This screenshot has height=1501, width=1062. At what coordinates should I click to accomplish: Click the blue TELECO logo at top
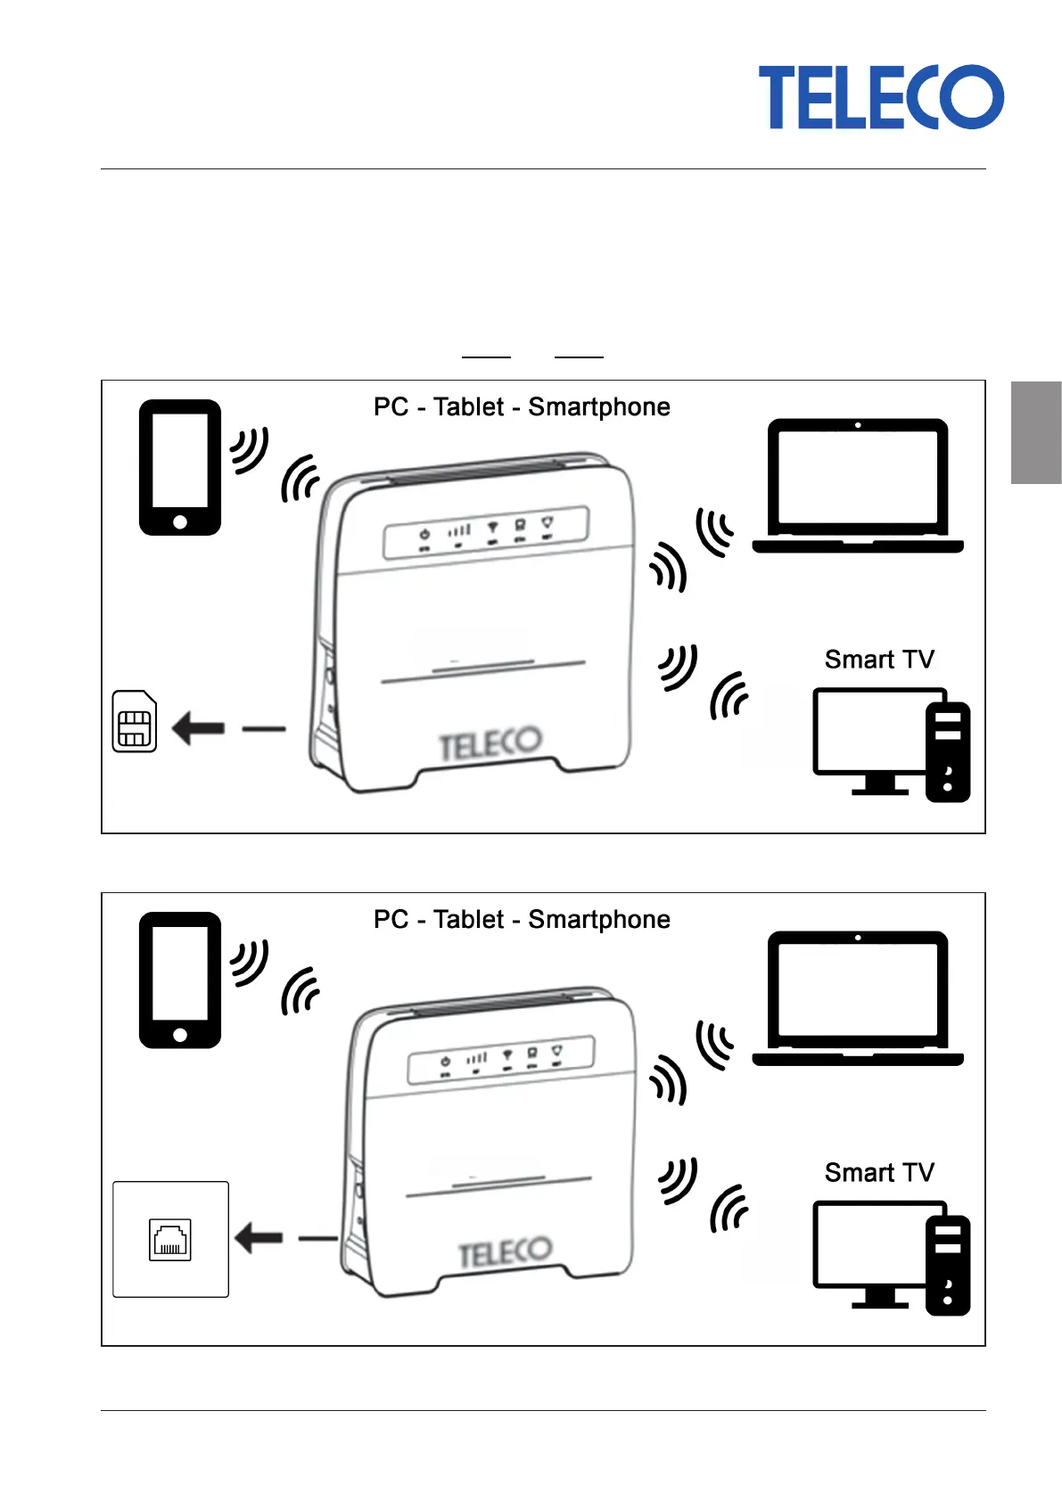pos(880,97)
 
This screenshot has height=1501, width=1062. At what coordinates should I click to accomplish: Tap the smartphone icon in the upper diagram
pos(180,468)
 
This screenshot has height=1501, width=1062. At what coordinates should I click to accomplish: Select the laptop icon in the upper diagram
pos(858,486)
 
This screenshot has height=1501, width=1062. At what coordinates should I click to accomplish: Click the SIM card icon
pos(135,721)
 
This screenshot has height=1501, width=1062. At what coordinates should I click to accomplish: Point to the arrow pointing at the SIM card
pos(198,728)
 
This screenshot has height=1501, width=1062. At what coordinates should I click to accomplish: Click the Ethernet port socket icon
pos(169,1240)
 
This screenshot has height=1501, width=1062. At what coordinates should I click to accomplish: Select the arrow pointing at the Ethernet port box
pos(259,1238)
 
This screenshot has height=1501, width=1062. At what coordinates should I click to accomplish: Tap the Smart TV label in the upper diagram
pos(879,660)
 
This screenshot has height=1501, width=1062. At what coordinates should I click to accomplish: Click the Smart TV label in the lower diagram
pos(879,1172)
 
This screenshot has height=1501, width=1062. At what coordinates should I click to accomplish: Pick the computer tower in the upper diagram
pos(948,752)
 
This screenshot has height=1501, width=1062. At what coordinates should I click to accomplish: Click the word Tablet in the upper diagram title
pos(468,407)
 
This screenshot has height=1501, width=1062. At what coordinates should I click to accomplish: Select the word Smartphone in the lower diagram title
pos(599,920)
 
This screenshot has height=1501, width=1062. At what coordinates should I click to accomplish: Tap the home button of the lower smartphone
pos(180,1035)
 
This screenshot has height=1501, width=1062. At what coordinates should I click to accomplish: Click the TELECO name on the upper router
pos(490,743)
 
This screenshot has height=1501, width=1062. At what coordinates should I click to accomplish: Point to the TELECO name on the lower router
pos(506,1251)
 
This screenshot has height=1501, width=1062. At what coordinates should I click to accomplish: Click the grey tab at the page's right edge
pos(1036,432)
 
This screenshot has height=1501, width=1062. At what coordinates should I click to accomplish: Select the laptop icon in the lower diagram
pos(858,998)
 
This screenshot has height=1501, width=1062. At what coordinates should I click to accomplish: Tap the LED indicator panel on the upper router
pos(486,532)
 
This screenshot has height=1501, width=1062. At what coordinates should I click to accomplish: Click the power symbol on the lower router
pos(446,1062)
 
